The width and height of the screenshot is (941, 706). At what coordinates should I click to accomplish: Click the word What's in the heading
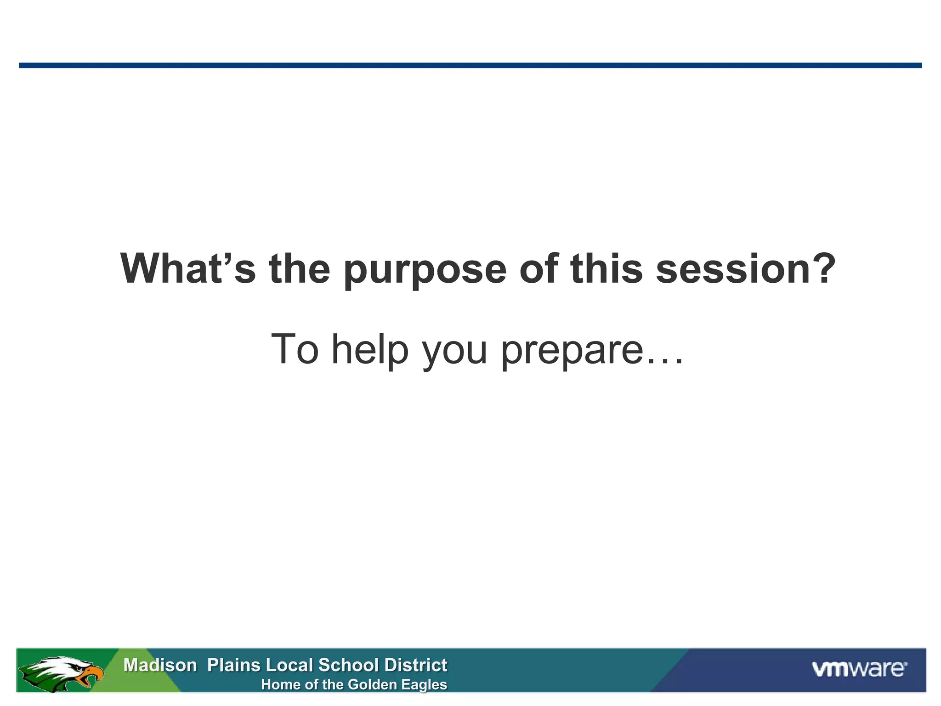(x=187, y=269)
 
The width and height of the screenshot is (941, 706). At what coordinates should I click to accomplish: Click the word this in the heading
(x=606, y=269)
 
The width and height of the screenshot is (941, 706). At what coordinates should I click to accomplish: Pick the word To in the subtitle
(x=295, y=349)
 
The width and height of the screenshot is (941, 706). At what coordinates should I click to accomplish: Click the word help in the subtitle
(x=370, y=350)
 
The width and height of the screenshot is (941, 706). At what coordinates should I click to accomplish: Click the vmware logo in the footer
(x=859, y=669)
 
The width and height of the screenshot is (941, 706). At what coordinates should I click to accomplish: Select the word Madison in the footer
(x=160, y=665)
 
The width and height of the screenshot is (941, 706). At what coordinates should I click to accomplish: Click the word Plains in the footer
(x=233, y=665)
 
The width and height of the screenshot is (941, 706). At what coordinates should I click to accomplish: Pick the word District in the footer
(x=415, y=665)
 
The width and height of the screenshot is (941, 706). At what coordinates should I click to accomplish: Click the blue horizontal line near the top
(x=470, y=65)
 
